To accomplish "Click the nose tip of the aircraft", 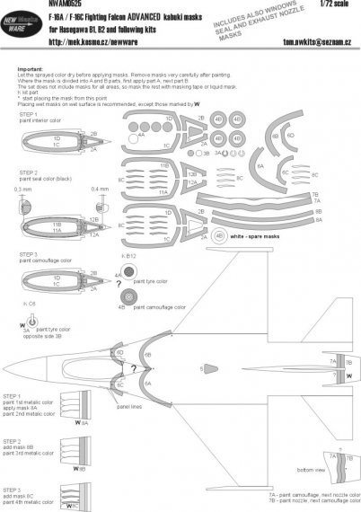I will tap(7, 367).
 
